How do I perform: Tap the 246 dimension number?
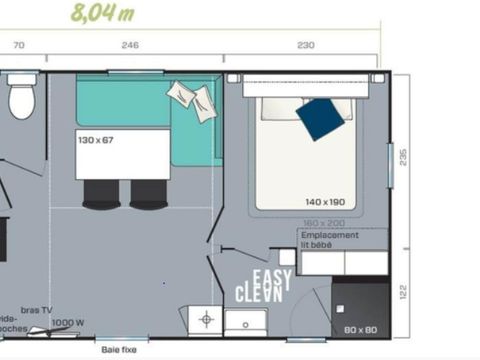tap(129, 46)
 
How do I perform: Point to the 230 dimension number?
tap(305, 46)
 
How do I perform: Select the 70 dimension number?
tap(18, 46)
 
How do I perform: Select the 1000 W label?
tap(67, 322)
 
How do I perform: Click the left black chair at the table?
tap(100, 193)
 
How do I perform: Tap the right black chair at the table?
tap(148, 193)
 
